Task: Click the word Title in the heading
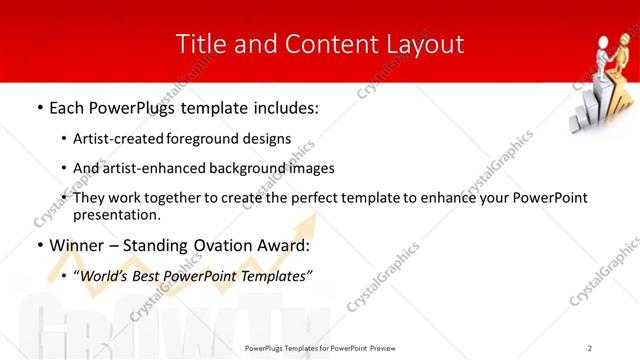point(198,44)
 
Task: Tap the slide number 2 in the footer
point(590,348)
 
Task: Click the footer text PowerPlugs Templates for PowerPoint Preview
point(319,348)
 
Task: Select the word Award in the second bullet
point(283,245)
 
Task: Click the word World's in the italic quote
point(111,275)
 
